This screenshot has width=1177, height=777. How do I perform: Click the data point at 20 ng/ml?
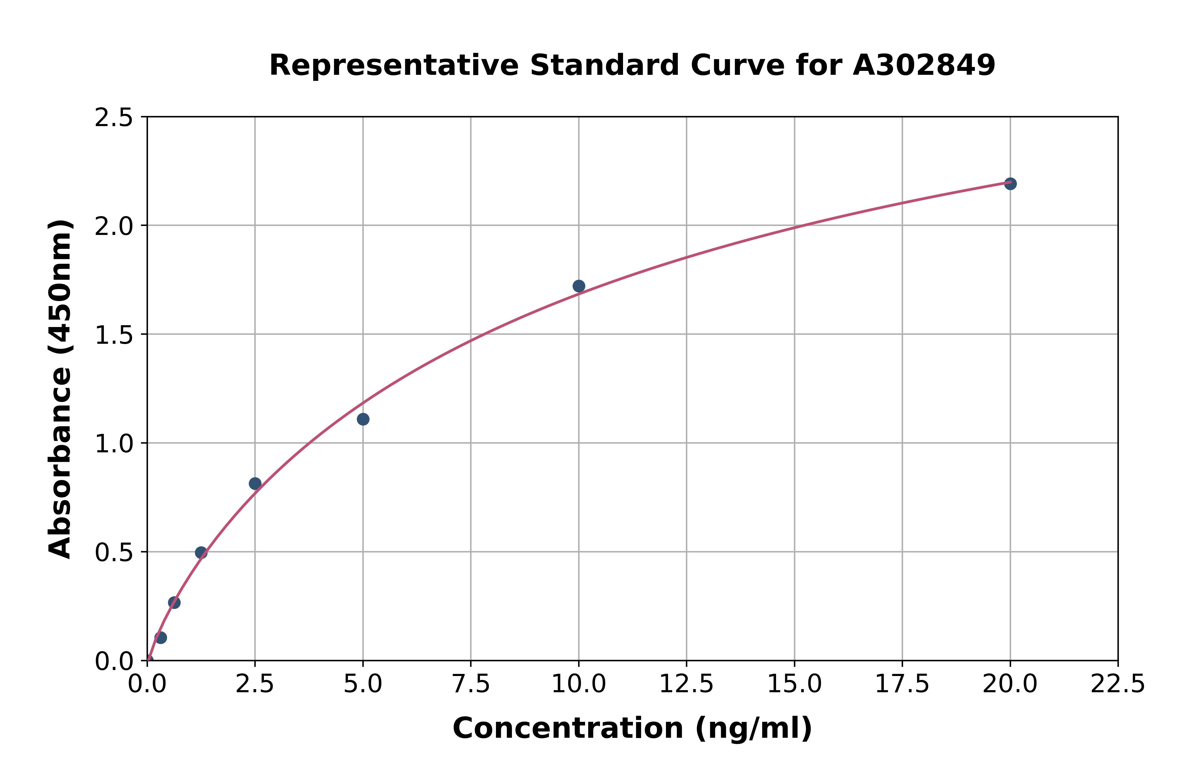point(1010,184)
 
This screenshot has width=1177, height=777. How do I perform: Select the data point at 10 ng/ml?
point(579,286)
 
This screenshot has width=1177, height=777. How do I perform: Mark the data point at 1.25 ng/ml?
point(201,553)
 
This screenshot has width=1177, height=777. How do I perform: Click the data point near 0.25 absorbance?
point(174,603)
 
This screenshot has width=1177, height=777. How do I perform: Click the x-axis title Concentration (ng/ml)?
point(632,728)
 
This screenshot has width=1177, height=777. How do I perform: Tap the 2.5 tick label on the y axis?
point(114,118)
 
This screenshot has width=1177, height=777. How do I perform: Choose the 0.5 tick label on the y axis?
point(114,553)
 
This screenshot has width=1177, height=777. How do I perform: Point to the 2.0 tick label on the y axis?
point(114,227)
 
